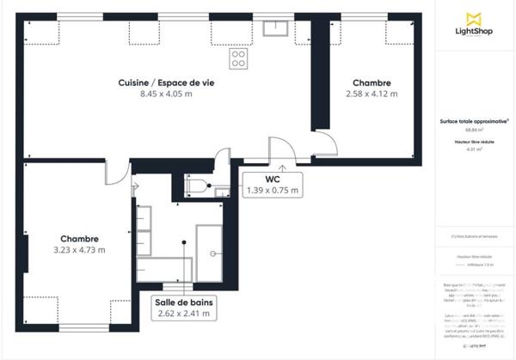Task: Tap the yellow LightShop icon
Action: coord(472,17)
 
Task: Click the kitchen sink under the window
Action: coord(277,29)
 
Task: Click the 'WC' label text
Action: coord(272,179)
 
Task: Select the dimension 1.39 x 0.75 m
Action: coord(272,190)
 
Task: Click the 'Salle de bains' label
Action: coord(184,302)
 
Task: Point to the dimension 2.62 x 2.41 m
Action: coord(184,314)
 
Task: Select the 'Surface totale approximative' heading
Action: coord(472,122)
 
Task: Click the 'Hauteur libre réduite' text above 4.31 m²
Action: coord(472,141)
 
